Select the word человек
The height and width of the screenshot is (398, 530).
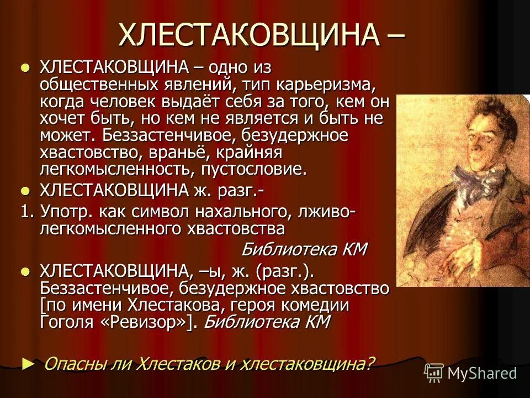tap(138, 102)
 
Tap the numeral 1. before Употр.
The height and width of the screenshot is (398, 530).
tap(27, 211)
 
